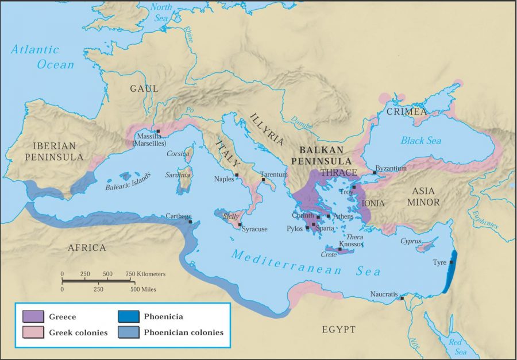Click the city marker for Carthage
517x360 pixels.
pyautogui.click(x=190, y=222)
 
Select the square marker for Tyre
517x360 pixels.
pyautogui.click(x=451, y=262)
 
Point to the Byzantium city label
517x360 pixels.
pyautogui.click(x=391, y=168)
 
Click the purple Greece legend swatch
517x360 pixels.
pyautogui.click(x=33, y=316)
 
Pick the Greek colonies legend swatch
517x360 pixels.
pyautogui.click(x=33, y=332)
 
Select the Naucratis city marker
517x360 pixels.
pyautogui.click(x=402, y=298)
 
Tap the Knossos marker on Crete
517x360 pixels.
pyautogui.click(x=339, y=249)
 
